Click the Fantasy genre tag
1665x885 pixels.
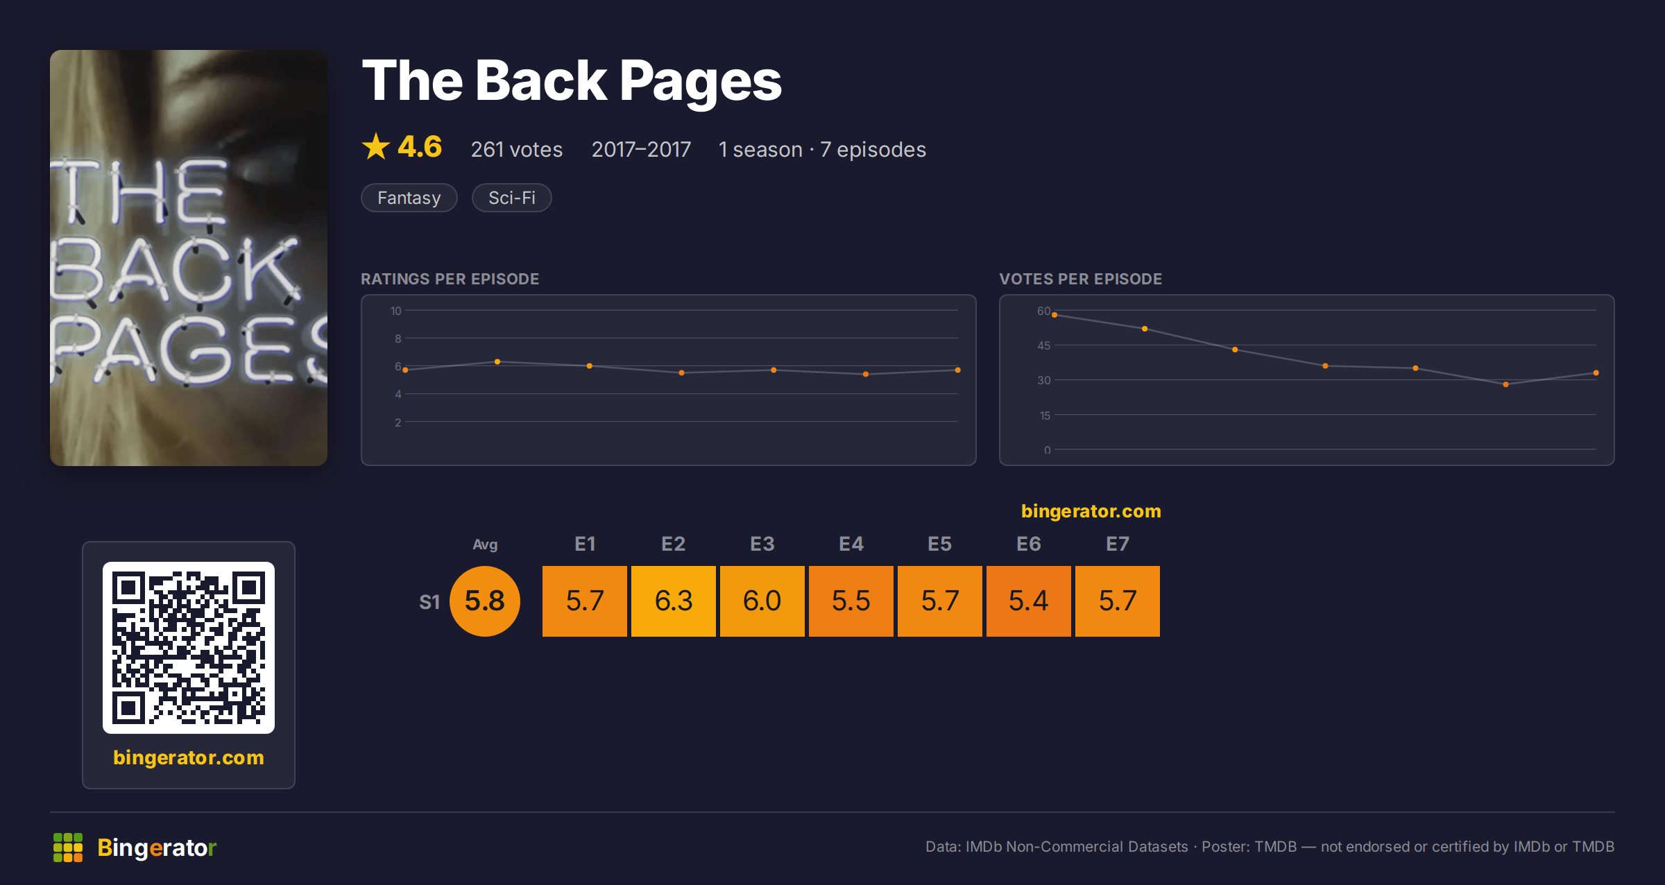409,198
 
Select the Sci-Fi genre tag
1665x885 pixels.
512,198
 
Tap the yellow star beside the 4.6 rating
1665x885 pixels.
376,146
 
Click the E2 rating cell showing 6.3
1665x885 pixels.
674,601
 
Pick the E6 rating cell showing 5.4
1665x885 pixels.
1029,601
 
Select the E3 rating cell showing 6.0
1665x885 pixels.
762,601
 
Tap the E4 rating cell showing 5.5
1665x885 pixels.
851,601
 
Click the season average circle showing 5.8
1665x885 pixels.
485,601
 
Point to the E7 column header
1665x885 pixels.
1118,544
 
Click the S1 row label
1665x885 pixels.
429,602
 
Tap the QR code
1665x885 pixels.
189,648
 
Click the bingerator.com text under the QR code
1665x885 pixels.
189,757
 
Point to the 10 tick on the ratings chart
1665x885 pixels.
395,311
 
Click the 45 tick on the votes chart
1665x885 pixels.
1044,345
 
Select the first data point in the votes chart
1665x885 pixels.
1054,315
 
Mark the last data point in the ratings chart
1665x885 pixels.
958,370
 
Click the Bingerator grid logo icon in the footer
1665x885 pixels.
68,848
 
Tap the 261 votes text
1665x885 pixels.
517,149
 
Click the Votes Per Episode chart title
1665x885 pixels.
1080,279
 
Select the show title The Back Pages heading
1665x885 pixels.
572,82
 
